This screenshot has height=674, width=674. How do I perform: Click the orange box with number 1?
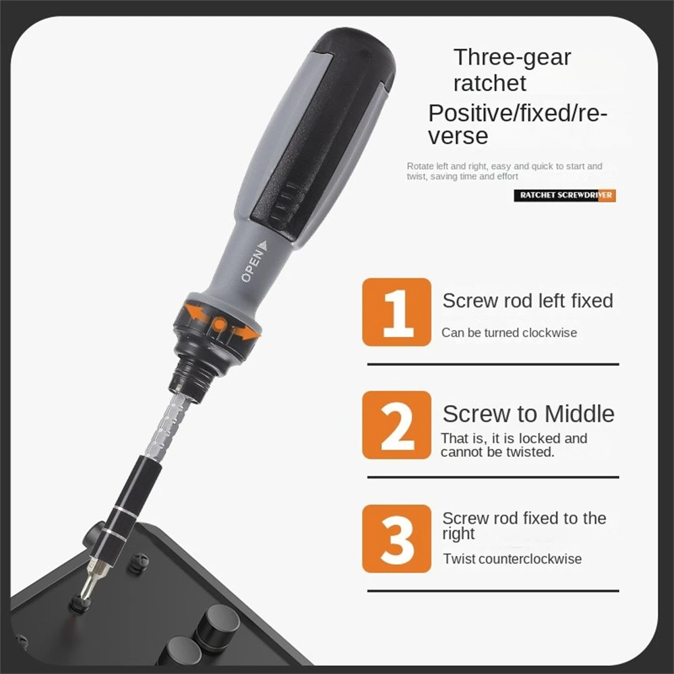pyautogui.click(x=396, y=312)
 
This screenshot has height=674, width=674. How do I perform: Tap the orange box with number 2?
pyautogui.click(x=396, y=425)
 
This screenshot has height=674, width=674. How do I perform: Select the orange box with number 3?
pyautogui.click(x=396, y=539)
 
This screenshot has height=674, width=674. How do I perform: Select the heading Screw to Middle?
pyautogui.click(x=528, y=413)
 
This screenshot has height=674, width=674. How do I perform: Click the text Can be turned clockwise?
pyautogui.click(x=509, y=332)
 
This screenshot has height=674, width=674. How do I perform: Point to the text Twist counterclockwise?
pyautogui.click(x=512, y=559)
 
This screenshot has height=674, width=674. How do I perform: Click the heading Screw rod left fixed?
pyautogui.click(x=528, y=301)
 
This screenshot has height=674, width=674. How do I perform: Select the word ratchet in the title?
pyautogui.click(x=489, y=84)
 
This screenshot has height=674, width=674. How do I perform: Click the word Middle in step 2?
pyautogui.click(x=580, y=413)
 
